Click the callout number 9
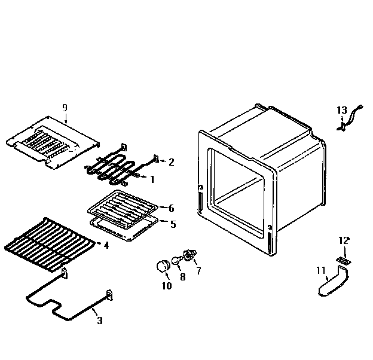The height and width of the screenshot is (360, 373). tap(65, 107)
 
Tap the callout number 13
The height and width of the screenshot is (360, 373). tap(341, 110)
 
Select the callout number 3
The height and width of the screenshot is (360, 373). tap(99, 321)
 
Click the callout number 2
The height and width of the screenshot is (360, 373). tap(171, 161)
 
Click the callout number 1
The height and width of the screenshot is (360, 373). tap(152, 178)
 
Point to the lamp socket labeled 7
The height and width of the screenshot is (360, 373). tap(190, 257)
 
